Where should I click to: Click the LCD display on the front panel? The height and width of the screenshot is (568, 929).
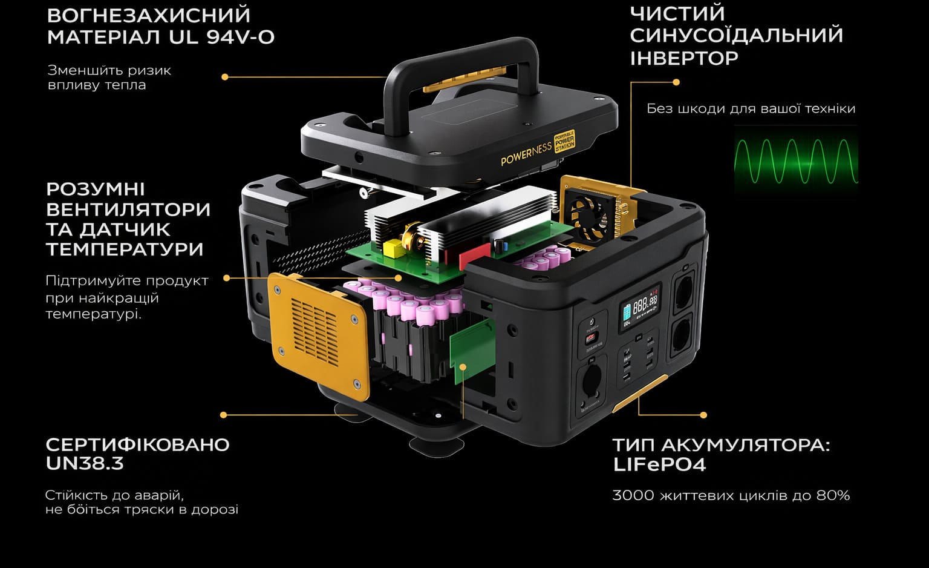(640, 308)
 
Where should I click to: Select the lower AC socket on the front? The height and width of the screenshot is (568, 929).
(682, 337)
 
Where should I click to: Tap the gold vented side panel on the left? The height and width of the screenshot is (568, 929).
(319, 335)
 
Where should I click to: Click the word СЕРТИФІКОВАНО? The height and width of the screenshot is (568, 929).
(138, 444)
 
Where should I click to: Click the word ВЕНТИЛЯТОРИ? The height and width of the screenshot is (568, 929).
(128, 210)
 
